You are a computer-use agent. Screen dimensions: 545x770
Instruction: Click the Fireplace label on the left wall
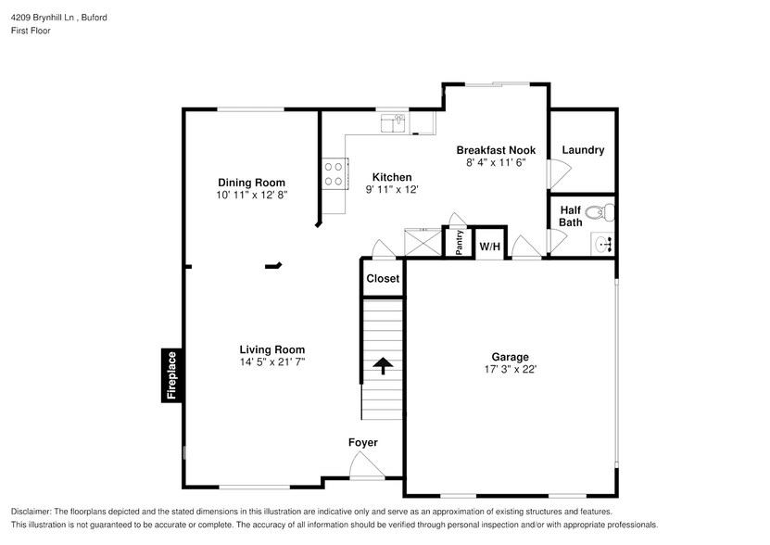(170, 376)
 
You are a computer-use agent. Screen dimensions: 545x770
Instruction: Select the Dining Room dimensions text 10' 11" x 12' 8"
(251, 196)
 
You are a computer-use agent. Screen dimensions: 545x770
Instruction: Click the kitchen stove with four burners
(334, 173)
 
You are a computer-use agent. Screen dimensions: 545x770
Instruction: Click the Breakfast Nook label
(496, 149)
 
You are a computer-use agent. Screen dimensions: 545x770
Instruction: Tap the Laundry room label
(583, 150)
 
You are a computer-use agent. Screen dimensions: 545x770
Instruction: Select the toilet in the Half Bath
(600, 212)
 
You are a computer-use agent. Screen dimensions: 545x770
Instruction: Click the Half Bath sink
(603, 245)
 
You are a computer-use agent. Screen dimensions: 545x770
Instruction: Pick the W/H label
(489, 247)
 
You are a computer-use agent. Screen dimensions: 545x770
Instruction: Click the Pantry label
(460, 241)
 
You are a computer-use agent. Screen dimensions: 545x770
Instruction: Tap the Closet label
(383, 278)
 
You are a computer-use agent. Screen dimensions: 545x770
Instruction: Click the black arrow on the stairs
(381, 366)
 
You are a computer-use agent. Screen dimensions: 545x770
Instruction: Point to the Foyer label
(362, 443)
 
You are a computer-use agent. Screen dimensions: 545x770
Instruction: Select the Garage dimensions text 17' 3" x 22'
(510, 369)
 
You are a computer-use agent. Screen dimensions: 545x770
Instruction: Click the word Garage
(510, 357)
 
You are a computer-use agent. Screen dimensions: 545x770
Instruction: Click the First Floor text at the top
(30, 31)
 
